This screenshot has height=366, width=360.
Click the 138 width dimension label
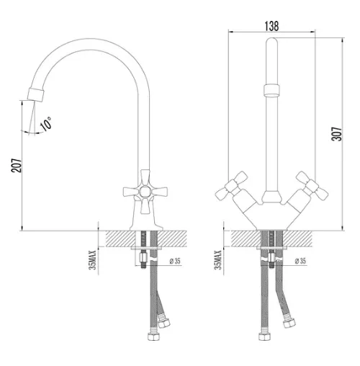click(x=271, y=26)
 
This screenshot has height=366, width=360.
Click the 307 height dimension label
click(x=336, y=134)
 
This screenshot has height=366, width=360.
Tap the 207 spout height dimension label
click(x=17, y=165)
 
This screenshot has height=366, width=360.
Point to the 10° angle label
click(x=45, y=124)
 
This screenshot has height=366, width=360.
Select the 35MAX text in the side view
click(x=93, y=260)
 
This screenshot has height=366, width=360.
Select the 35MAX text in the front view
click(x=218, y=260)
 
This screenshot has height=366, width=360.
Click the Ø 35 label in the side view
click(x=175, y=261)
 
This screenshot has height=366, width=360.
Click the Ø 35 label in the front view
click(x=300, y=261)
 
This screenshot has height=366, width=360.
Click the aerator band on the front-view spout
click(x=271, y=90)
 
